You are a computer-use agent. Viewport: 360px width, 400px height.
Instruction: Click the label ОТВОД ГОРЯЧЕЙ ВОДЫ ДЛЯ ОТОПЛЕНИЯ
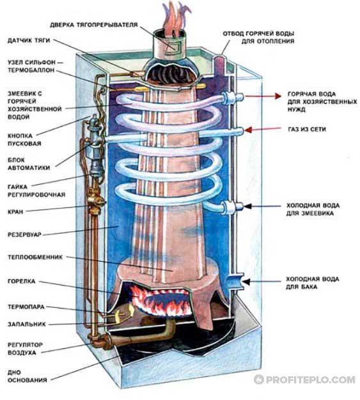pyautogui.click(x=258, y=36)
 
